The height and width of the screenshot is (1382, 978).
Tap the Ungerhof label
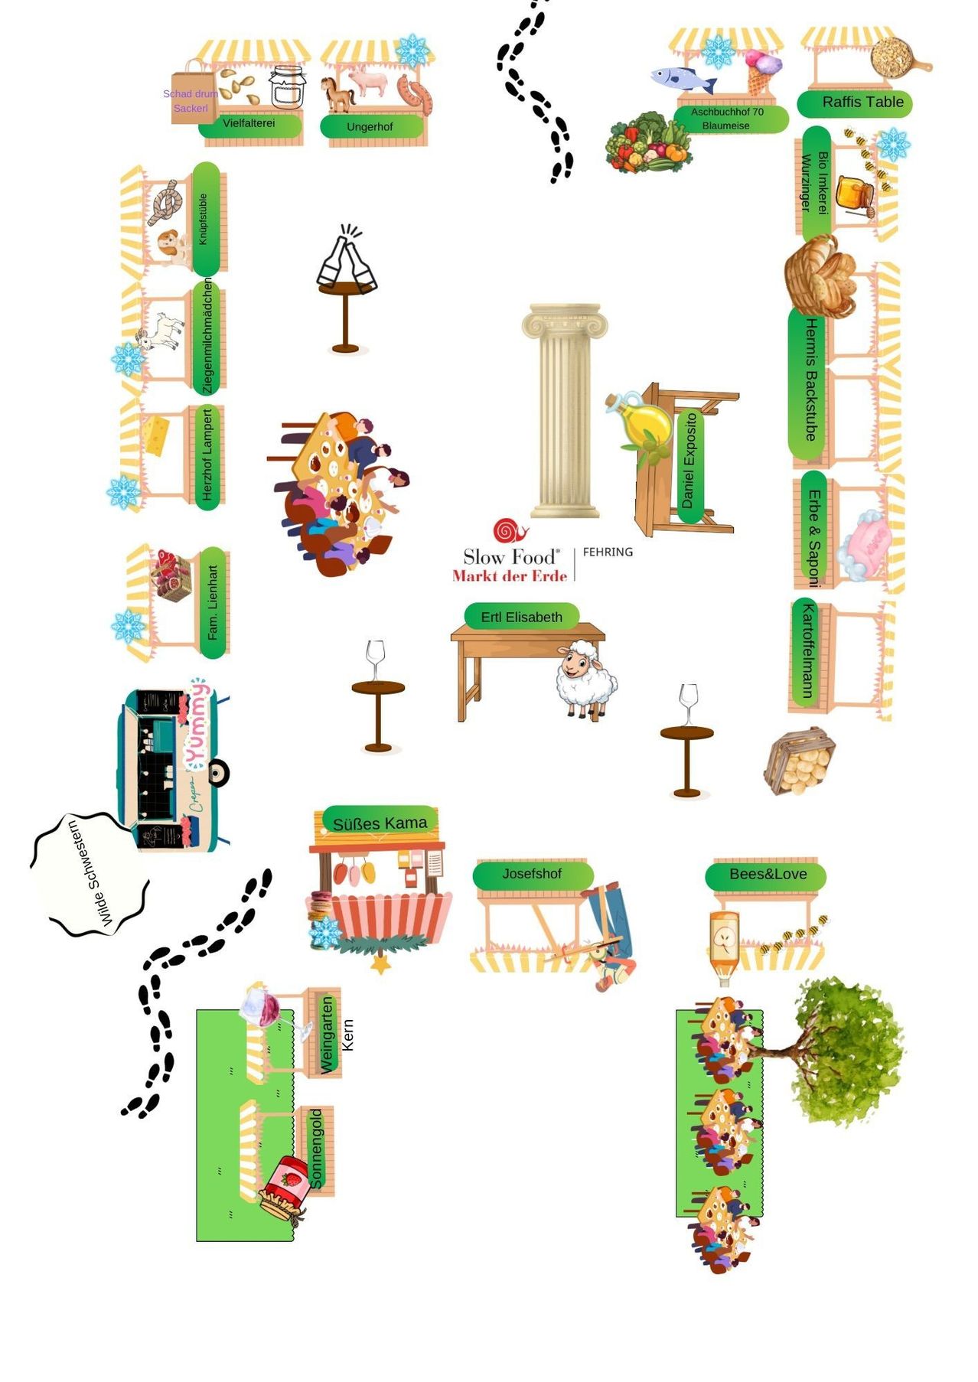click(x=370, y=126)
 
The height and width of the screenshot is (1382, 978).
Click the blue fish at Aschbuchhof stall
click(x=681, y=78)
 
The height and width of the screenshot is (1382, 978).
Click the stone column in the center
click(x=565, y=409)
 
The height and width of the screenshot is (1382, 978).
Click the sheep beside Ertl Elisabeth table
click(x=585, y=680)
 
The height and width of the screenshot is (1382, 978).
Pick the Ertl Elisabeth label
click(x=521, y=617)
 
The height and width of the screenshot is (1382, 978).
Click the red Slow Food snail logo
click(x=510, y=530)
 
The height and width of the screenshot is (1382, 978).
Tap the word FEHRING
click(x=608, y=552)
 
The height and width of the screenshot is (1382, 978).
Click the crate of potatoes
click(x=799, y=761)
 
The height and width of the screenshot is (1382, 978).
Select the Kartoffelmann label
click(x=807, y=651)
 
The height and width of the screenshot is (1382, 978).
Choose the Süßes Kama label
click(x=380, y=823)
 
